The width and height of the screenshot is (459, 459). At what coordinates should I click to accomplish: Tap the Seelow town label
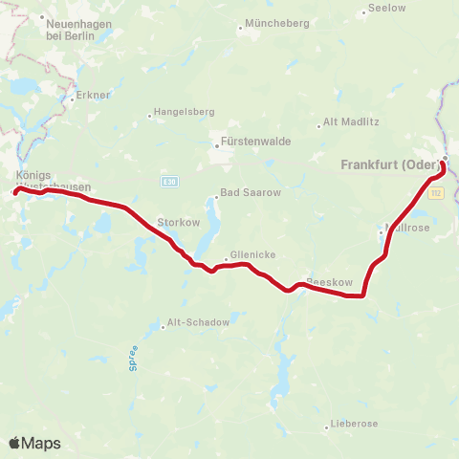tap(385, 9)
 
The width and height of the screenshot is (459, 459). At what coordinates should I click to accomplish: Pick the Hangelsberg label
tap(184, 112)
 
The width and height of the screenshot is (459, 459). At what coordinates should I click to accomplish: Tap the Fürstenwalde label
tap(255, 142)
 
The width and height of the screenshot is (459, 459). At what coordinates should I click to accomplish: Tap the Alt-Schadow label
tap(198, 322)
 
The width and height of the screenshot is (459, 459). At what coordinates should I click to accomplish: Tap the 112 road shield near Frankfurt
tap(436, 193)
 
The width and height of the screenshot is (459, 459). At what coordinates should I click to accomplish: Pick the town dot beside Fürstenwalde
tap(217, 146)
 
